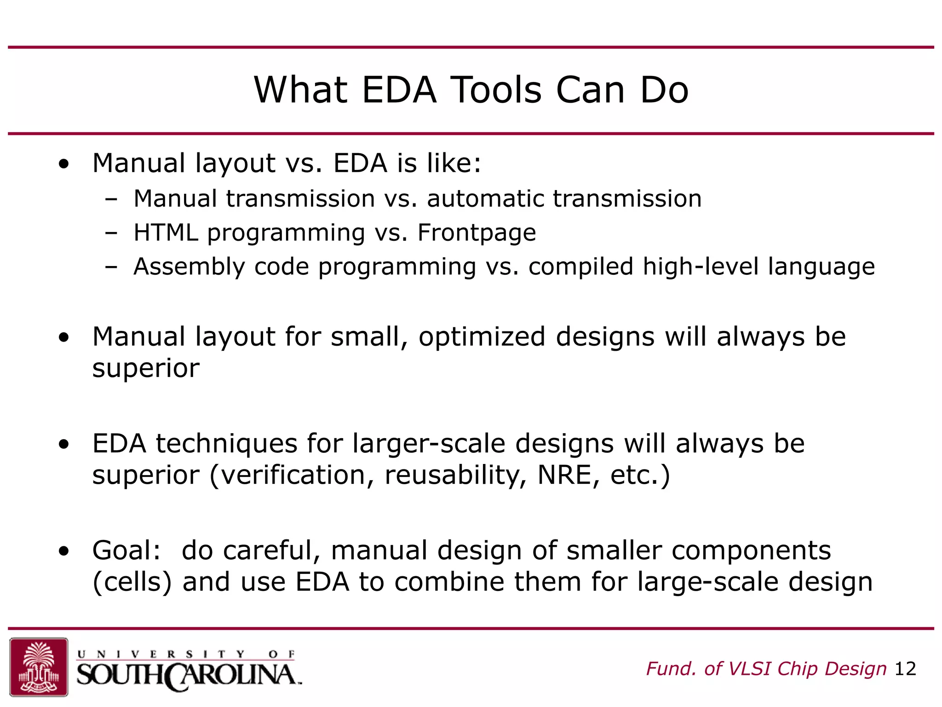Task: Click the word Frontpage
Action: tap(477, 232)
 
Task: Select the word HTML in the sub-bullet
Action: tap(166, 232)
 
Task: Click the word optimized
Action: tap(482, 336)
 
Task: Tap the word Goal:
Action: tap(127, 551)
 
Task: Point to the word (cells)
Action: tap(132, 582)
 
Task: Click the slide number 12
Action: tap(905, 669)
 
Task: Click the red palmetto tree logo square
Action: tap(39, 666)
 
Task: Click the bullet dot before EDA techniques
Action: tap(64, 444)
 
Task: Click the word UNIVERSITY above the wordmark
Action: tap(161, 654)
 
